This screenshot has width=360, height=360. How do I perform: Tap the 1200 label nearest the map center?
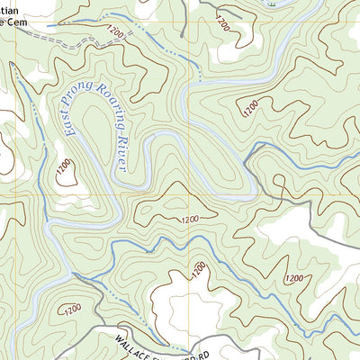[x=190, y=220]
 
